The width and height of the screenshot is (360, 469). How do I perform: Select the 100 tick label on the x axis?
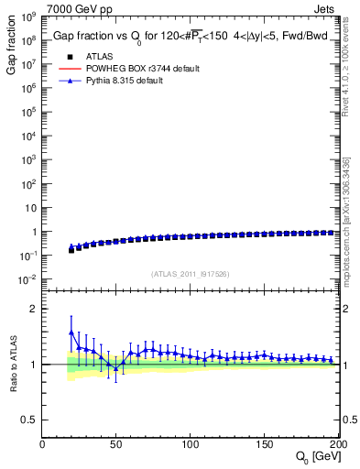click(x=190, y=445)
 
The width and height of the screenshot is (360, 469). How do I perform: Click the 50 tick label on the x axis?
click(x=115, y=445)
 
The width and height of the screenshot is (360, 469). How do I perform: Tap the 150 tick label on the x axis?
click(x=264, y=445)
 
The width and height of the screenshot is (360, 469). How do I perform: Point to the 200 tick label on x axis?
click(x=335, y=445)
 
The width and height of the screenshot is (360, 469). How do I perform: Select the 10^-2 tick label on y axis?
click(x=28, y=278)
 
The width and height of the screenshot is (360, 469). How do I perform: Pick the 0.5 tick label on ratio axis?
click(x=28, y=420)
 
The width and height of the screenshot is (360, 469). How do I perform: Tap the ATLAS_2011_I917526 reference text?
click(x=190, y=273)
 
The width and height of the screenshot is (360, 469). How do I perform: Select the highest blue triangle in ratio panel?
click(x=71, y=333)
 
